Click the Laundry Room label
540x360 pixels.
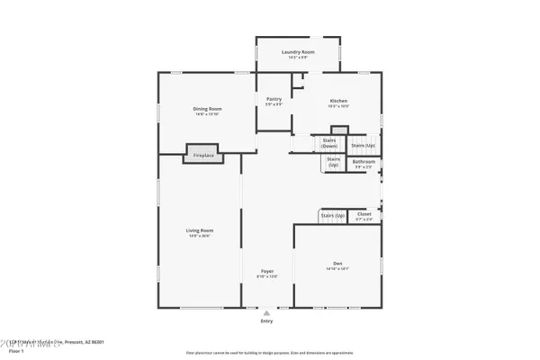297,53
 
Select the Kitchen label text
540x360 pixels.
338,101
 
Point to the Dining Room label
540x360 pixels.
208,109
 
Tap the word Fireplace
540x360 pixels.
204,156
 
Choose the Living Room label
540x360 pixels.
199,231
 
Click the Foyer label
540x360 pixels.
267,271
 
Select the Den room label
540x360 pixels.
337,263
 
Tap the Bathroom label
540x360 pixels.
364,162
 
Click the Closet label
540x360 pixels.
364,214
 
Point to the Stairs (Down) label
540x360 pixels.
329,143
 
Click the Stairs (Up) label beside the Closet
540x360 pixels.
333,217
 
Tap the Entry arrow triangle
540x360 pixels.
266,312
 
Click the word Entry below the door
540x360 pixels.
266,319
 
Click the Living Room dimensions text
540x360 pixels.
199,237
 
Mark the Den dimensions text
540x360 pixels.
337,268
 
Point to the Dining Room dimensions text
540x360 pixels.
208,114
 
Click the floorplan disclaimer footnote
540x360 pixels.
270,353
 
